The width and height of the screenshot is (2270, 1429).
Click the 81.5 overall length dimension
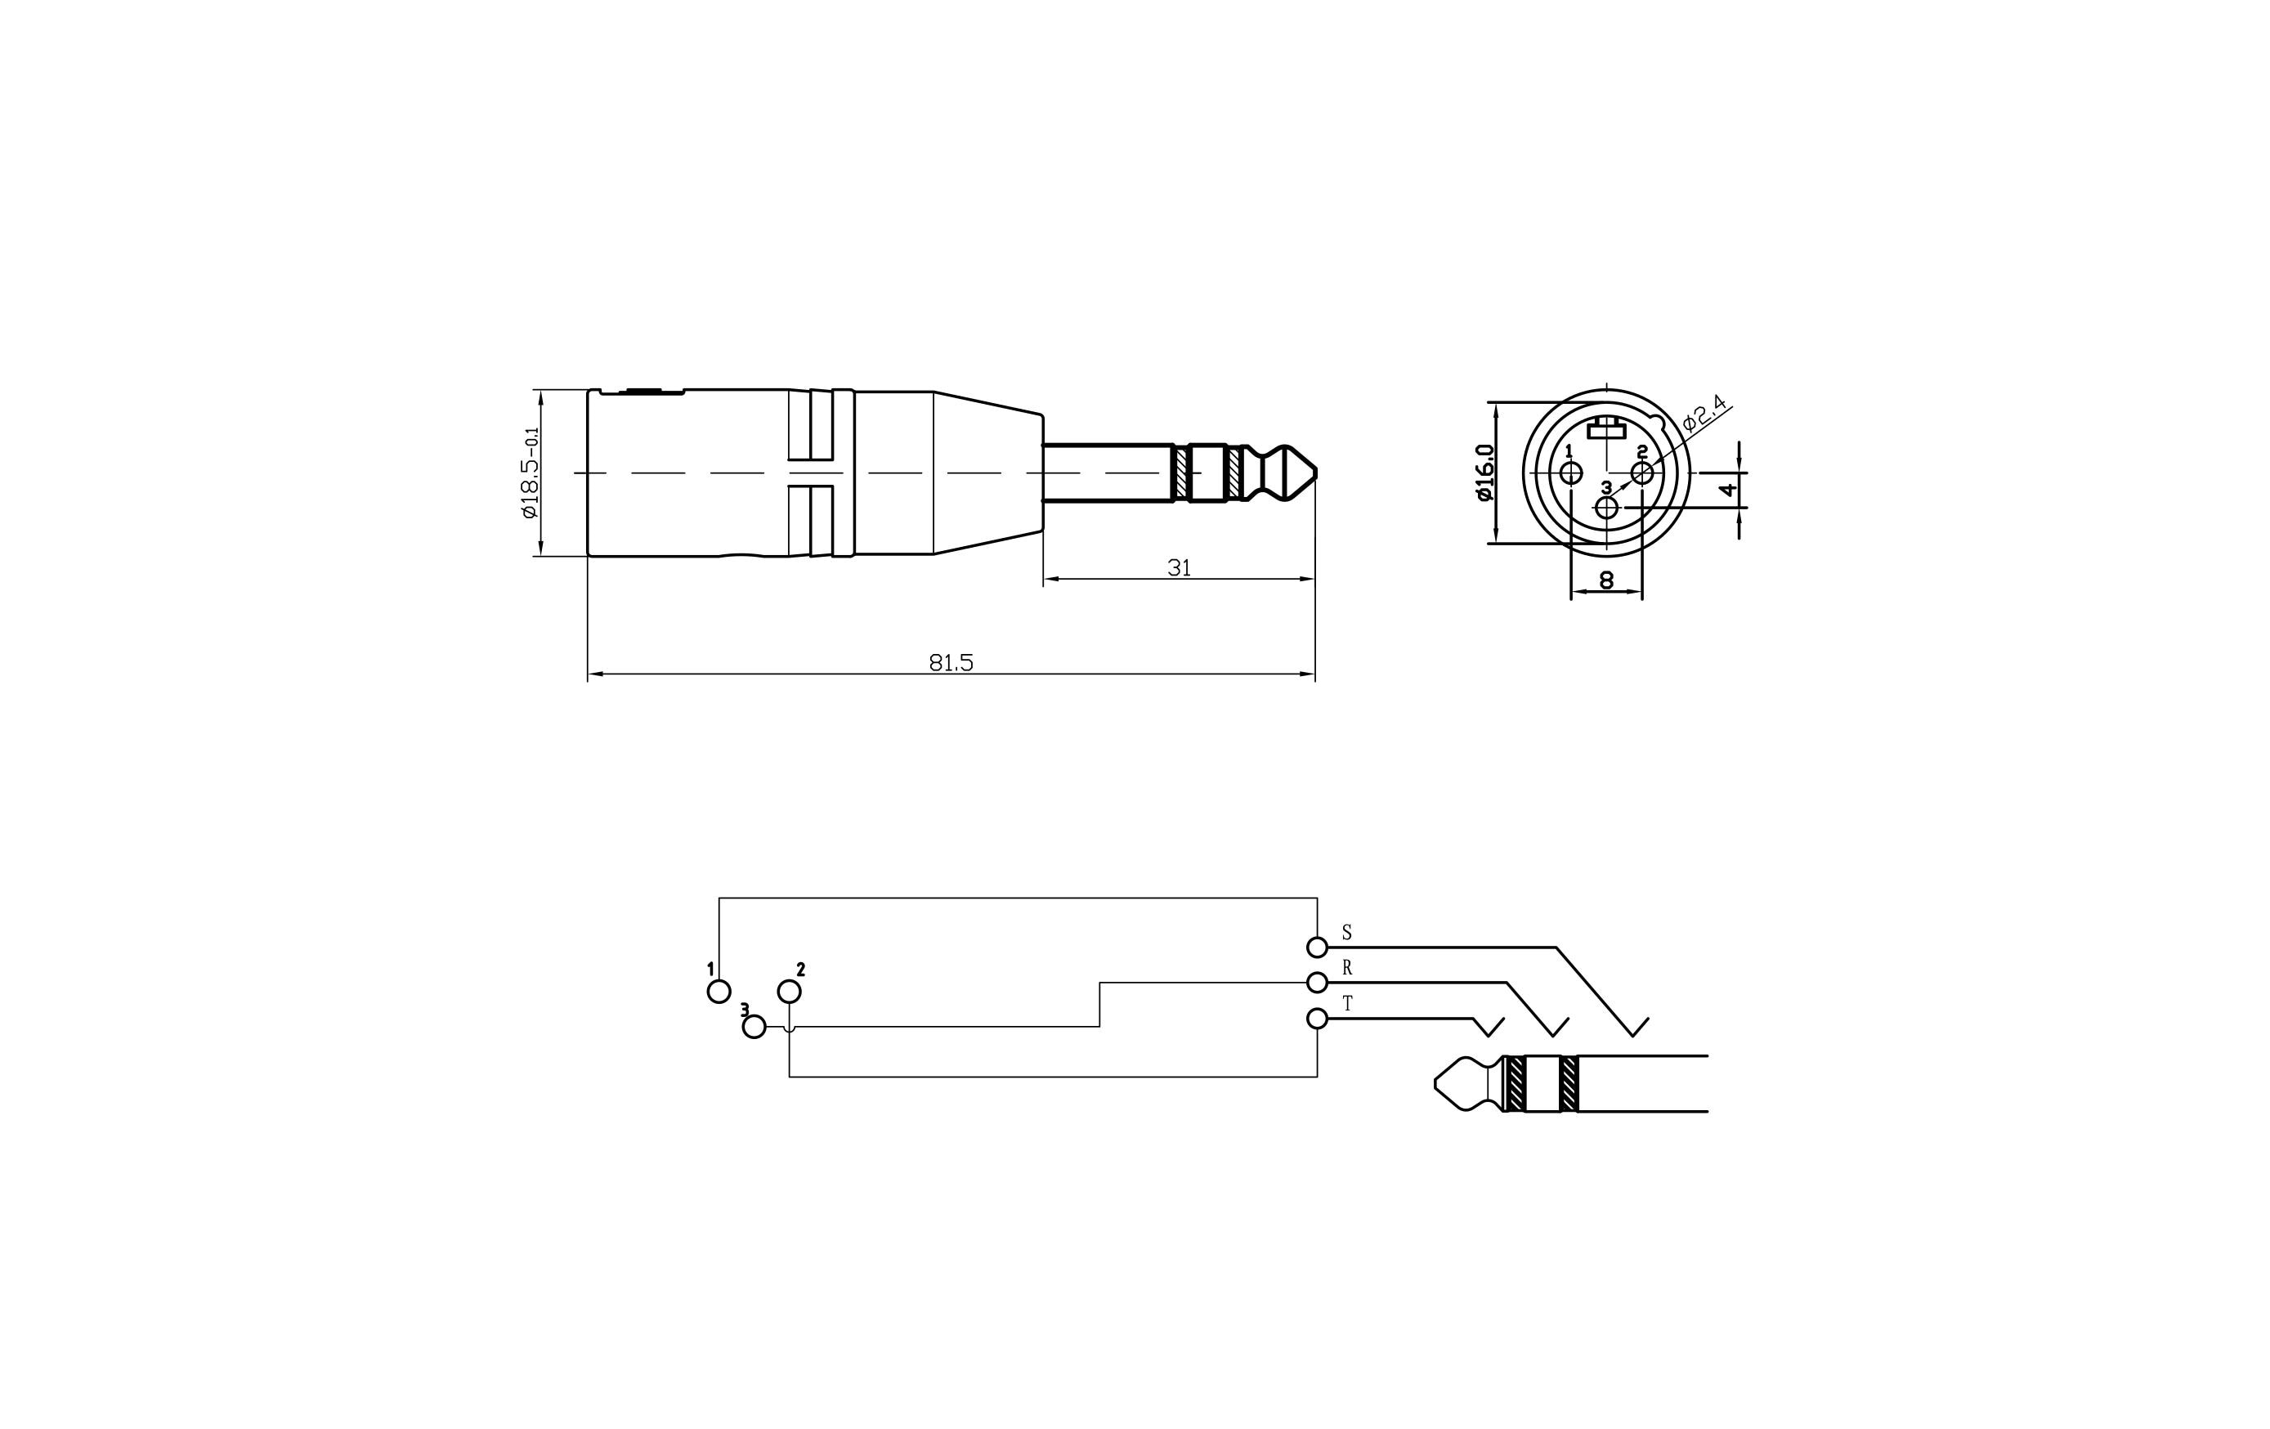click(950, 663)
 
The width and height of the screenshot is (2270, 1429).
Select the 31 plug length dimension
click(1179, 567)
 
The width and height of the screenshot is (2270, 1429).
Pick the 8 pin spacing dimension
click(1606, 580)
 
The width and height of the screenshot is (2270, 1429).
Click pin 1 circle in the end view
click(1570, 473)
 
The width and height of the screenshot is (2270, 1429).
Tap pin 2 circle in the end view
click(1641, 473)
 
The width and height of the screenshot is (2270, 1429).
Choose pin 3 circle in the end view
click(1606, 508)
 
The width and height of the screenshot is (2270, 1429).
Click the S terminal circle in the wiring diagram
click(1317, 947)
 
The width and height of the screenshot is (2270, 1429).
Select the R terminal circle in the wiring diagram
click(1317, 982)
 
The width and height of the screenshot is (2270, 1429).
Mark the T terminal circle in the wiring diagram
click(1317, 1018)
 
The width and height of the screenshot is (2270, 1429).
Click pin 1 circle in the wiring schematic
click(719, 992)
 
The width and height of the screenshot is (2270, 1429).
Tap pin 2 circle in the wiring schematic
click(789, 992)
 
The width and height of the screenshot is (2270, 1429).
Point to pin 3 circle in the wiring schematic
click(754, 1027)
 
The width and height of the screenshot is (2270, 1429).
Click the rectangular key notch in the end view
click(1606, 431)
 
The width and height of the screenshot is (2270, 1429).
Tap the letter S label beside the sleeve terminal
click(1347, 932)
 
